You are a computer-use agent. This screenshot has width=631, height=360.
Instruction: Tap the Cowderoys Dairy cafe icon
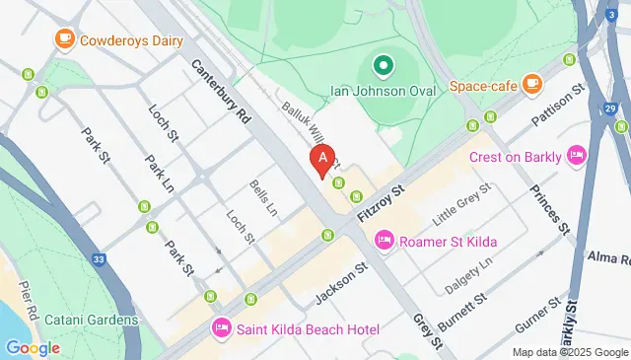(x=65, y=39)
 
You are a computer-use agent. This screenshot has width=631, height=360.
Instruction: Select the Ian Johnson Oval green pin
(x=383, y=67)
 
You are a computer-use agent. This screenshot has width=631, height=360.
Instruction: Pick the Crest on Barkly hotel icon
(x=578, y=155)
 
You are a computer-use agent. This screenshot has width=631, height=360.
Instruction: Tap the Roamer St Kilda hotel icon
(x=385, y=240)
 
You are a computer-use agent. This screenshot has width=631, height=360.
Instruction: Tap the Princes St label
(x=551, y=208)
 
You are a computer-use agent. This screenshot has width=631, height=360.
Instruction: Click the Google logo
(x=33, y=347)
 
